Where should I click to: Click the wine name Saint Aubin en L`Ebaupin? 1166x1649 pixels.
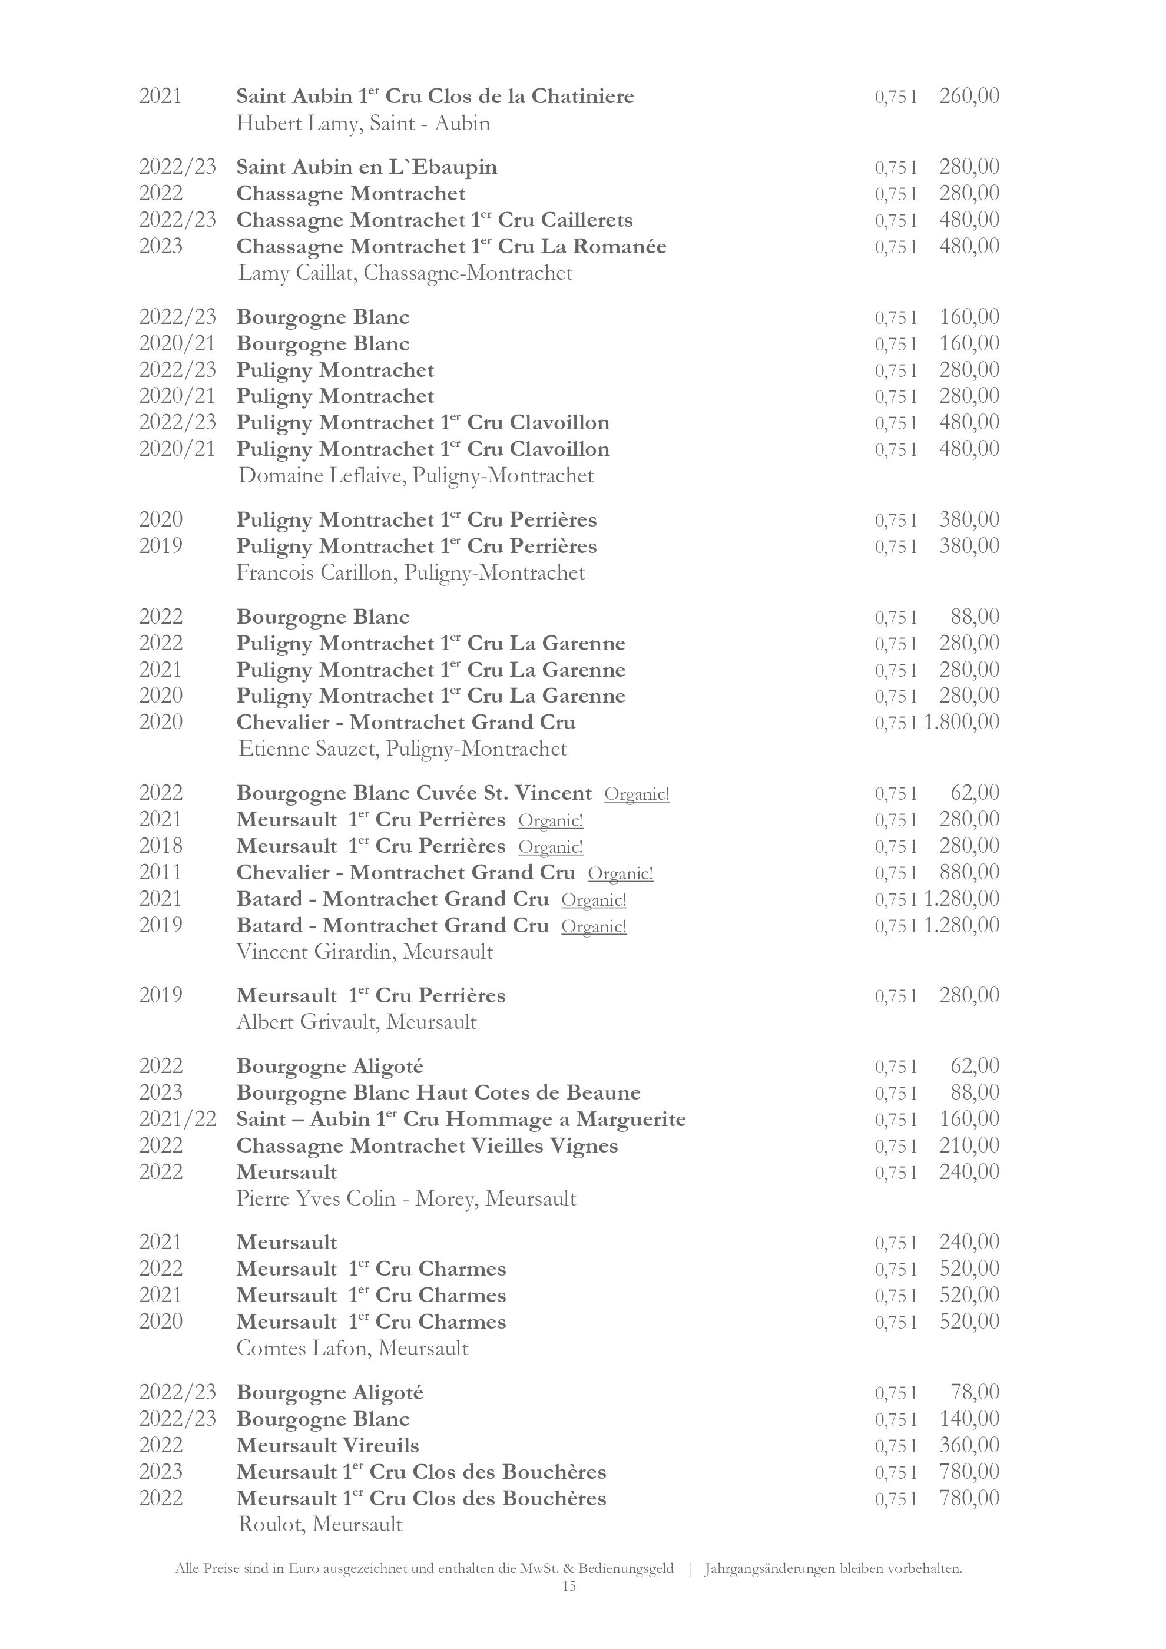click(x=366, y=167)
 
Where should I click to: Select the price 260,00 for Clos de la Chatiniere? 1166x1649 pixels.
click(x=969, y=96)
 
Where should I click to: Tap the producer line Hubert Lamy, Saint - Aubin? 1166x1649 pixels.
click(x=363, y=124)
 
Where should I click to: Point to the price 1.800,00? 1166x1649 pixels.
click(x=962, y=723)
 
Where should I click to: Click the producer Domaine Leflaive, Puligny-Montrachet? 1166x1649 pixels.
click(x=416, y=475)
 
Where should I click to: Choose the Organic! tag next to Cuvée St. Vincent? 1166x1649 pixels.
click(x=637, y=794)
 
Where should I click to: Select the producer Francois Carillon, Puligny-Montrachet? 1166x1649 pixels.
click(x=410, y=573)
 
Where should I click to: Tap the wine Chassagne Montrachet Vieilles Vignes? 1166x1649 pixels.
click(x=427, y=1145)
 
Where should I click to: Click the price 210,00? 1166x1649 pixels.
click(x=969, y=1145)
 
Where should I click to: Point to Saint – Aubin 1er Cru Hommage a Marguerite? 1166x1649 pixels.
click(x=461, y=1120)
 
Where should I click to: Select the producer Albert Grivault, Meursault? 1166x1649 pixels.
click(x=356, y=1022)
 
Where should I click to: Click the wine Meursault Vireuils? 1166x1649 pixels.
click(x=327, y=1446)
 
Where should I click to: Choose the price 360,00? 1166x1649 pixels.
click(x=969, y=1446)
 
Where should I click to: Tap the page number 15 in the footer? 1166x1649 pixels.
click(x=569, y=1587)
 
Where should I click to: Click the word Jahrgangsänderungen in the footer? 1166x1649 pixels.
click(x=769, y=1569)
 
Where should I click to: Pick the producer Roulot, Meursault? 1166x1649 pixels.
click(x=320, y=1525)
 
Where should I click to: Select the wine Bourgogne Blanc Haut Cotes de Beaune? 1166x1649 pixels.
click(x=438, y=1093)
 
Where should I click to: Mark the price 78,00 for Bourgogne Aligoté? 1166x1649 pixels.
click(x=974, y=1393)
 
